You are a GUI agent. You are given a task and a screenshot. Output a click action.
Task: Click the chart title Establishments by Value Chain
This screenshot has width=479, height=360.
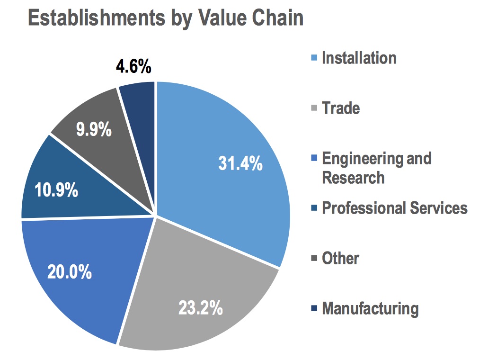tap(165, 18)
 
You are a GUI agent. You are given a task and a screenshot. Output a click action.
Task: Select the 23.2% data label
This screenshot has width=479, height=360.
tap(200, 308)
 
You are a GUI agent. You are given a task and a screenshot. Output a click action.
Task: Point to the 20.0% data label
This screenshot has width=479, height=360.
tap(69, 272)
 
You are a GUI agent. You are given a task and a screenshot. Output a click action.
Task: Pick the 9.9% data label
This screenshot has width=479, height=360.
tap(94, 129)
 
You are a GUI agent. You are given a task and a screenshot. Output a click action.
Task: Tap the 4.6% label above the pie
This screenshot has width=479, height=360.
tap(133, 67)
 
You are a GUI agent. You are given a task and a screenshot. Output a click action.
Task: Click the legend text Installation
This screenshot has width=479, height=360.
tap(359, 58)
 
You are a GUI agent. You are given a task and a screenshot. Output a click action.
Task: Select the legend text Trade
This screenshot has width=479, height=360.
tap(341, 108)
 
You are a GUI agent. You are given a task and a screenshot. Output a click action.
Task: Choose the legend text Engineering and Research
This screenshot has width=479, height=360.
tap(376, 168)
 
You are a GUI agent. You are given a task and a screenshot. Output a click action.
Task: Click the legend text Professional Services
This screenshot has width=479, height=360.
tap(394, 208)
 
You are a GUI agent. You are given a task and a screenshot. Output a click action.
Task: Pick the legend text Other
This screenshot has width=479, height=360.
tap(340, 258)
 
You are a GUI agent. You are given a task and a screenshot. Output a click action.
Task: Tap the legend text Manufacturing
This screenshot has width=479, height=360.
tap(370, 308)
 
